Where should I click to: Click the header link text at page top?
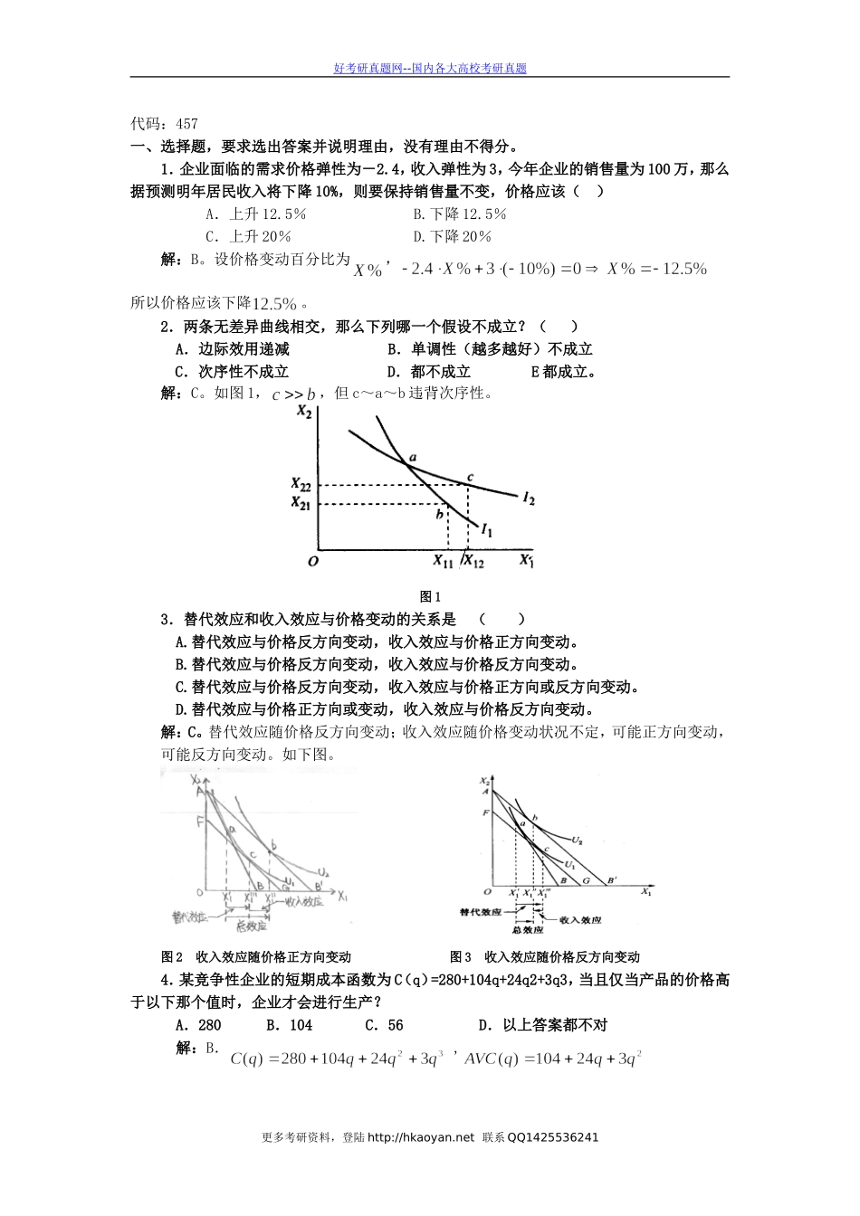coord(430,68)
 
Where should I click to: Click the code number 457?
coord(187,124)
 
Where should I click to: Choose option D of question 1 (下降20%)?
coord(452,237)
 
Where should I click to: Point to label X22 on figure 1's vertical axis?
coord(301,485)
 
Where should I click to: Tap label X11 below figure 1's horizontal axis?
coord(443,562)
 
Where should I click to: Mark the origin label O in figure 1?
coord(313,562)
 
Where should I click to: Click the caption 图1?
coord(430,596)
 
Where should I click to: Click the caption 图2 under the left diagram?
coord(172,956)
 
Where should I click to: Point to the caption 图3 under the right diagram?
coord(461,956)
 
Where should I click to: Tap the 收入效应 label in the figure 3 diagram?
coord(580,919)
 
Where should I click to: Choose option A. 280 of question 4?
coord(197,1025)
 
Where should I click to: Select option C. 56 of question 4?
coord(384,1025)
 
